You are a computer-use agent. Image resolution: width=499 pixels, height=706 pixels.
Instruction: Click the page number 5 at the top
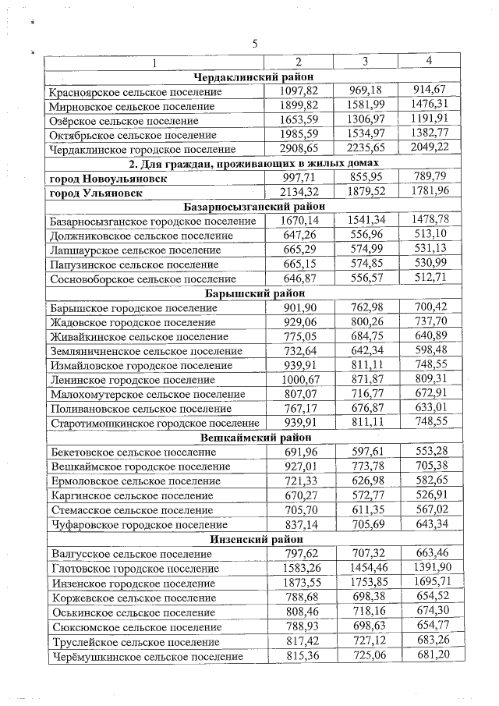[x=255, y=43]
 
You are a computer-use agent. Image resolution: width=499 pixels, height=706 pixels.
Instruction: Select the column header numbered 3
[x=365, y=62]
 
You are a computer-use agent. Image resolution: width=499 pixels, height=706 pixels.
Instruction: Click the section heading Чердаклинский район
[x=253, y=77]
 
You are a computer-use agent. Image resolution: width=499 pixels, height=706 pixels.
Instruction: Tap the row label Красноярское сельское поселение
[x=135, y=92]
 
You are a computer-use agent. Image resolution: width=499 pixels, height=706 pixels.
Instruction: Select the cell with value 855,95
[x=365, y=178]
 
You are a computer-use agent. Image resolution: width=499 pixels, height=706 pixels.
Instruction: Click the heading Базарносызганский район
[x=253, y=207]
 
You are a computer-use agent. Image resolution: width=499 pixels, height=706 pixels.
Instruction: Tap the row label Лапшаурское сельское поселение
[x=134, y=250]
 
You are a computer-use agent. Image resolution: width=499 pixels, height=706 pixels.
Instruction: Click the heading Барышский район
[x=253, y=293]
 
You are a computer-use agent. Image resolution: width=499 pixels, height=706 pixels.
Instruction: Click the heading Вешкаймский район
[x=253, y=438]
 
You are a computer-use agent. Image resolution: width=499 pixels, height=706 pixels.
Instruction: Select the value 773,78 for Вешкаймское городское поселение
[x=365, y=467]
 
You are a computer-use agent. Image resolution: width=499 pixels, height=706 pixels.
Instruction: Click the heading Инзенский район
[x=253, y=539]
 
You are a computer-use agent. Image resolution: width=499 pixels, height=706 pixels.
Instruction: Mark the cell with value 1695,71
[x=430, y=583]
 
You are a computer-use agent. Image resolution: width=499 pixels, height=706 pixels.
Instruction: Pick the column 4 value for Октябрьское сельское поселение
[x=430, y=134]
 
